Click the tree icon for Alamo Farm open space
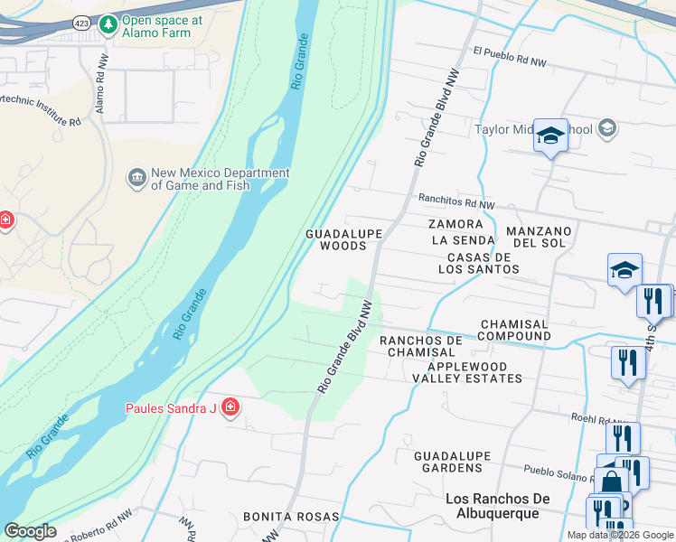108,22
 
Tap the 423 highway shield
82,23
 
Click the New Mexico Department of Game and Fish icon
137,177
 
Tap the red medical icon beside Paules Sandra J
230,408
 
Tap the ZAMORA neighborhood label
456,223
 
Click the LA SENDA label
463,240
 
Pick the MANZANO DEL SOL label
540,238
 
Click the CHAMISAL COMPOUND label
514,330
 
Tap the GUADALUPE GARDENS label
449,463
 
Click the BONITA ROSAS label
291,517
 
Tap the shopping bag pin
611,481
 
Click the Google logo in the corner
31,531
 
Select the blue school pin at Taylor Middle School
550,135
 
